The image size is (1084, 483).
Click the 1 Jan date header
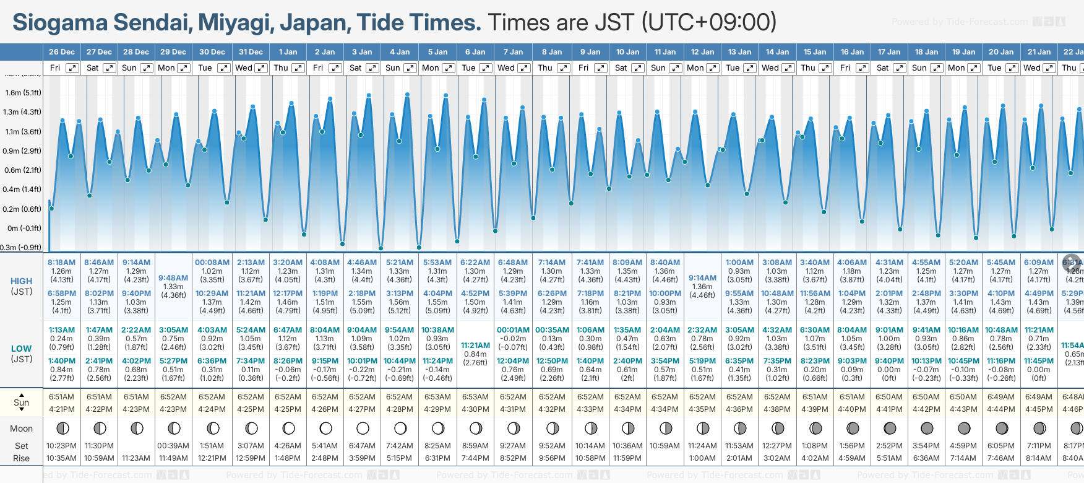tap(288, 52)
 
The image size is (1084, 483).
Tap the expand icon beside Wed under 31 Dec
tap(261, 68)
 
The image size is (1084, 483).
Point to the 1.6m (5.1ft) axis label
tap(23, 93)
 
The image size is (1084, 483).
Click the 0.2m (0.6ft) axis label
tap(23, 209)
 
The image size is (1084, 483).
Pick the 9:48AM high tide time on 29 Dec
tap(173, 278)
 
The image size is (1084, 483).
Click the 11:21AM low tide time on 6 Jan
tap(475, 346)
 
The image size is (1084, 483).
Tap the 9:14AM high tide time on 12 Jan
tap(702, 278)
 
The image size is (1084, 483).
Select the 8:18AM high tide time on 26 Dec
tap(61, 263)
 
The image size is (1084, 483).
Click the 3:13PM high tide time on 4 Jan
tap(399, 294)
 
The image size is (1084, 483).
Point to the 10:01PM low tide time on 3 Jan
tap(362, 361)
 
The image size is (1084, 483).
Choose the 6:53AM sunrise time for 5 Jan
tap(437, 397)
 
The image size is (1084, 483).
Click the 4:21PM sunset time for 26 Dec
tap(61, 409)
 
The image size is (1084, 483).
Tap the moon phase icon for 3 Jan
tap(363, 428)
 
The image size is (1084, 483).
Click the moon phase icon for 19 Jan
tap(964, 428)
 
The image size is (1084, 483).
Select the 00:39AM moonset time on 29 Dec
tap(173, 446)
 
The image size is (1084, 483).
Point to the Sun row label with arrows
tap(22, 402)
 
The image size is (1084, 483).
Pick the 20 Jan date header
tap(1001, 52)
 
